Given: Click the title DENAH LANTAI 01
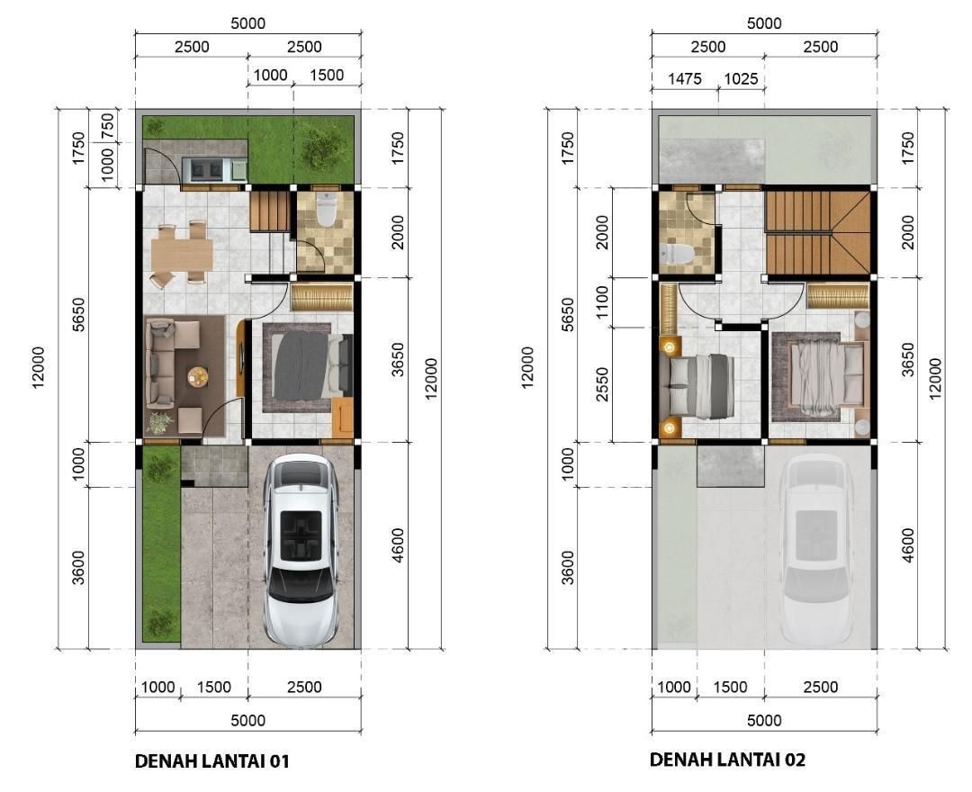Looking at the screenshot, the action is [x=212, y=760].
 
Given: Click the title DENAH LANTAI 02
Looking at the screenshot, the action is [x=728, y=760].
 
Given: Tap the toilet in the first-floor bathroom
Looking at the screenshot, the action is [x=326, y=209].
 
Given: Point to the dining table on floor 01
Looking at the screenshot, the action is [x=183, y=254].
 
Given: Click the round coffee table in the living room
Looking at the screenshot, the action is [x=198, y=376].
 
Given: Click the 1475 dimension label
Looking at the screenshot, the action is [x=685, y=78].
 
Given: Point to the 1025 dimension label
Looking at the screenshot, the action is [x=741, y=78].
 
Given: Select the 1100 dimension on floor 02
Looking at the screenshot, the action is [x=603, y=302].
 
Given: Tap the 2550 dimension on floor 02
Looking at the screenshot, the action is [x=603, y=384].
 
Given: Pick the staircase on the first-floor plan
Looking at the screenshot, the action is [x=270, y=211].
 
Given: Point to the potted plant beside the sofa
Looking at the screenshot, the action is [x=159, y=423].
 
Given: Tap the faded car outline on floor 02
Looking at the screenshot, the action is [x=815, y=549].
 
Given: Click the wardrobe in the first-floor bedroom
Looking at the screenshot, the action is [x=321, y=297].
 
